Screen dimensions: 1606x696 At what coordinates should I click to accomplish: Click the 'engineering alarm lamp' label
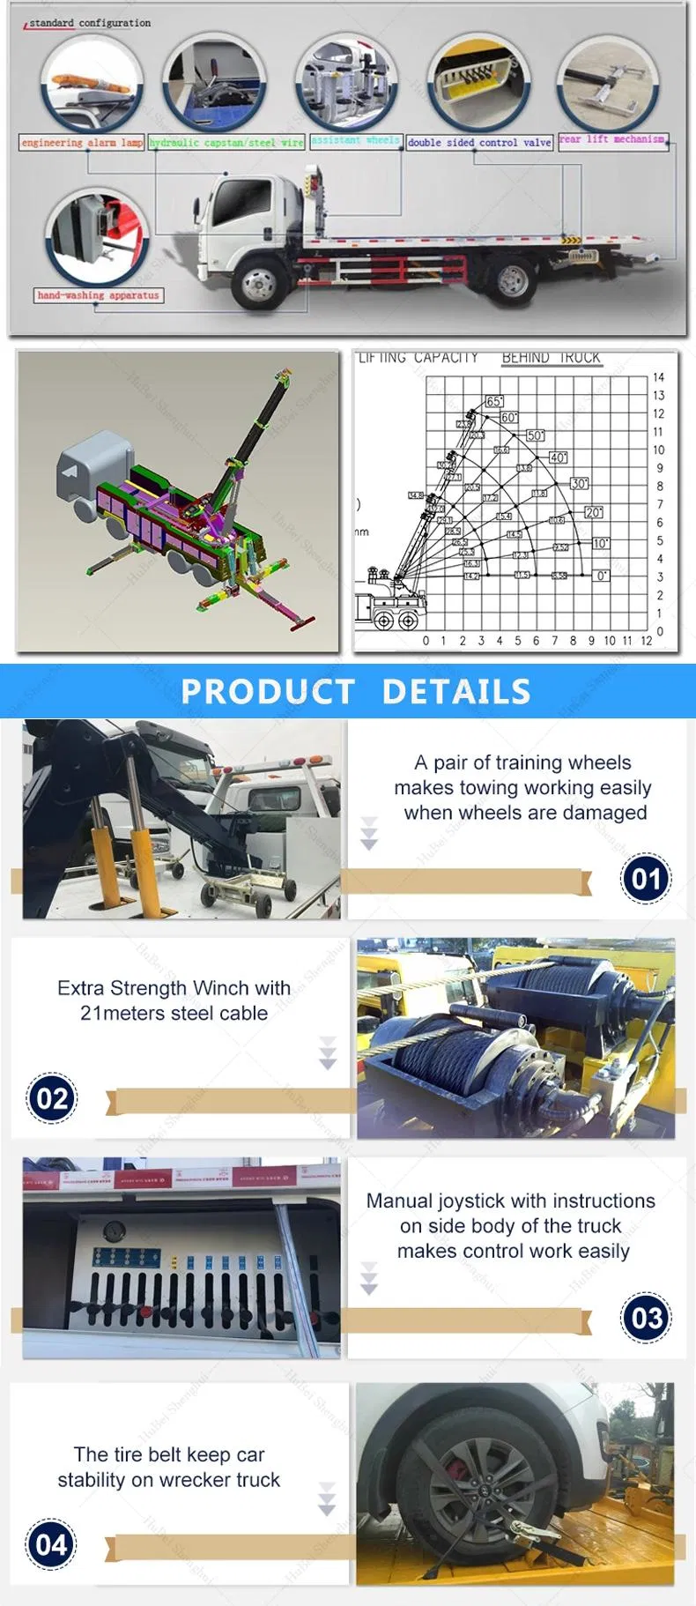click(82, 142)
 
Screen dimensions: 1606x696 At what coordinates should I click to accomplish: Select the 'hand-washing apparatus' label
click(99, 295)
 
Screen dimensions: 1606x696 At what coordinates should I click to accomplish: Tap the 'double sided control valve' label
click(479, 142)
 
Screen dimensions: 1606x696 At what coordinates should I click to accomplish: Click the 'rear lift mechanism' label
click(612, 139)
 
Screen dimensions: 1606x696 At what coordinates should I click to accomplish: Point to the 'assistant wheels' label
click(355, 140)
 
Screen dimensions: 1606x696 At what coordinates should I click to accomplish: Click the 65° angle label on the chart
click(494, 402)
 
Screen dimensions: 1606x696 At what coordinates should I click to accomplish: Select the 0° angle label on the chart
click(602, 576)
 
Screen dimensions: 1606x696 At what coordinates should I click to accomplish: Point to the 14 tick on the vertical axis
click(659, 377)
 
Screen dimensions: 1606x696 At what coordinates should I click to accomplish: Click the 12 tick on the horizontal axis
click(646, 641)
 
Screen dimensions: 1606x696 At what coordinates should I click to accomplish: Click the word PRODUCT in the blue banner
click(268, 692)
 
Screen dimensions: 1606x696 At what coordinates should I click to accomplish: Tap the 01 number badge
click(646, 879)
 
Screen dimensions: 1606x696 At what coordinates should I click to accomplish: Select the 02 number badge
click(52, 1098)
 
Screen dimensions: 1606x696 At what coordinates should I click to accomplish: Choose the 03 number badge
click(647, 1318)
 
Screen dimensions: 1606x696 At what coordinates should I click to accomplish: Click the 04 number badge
click(50, 1544)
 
